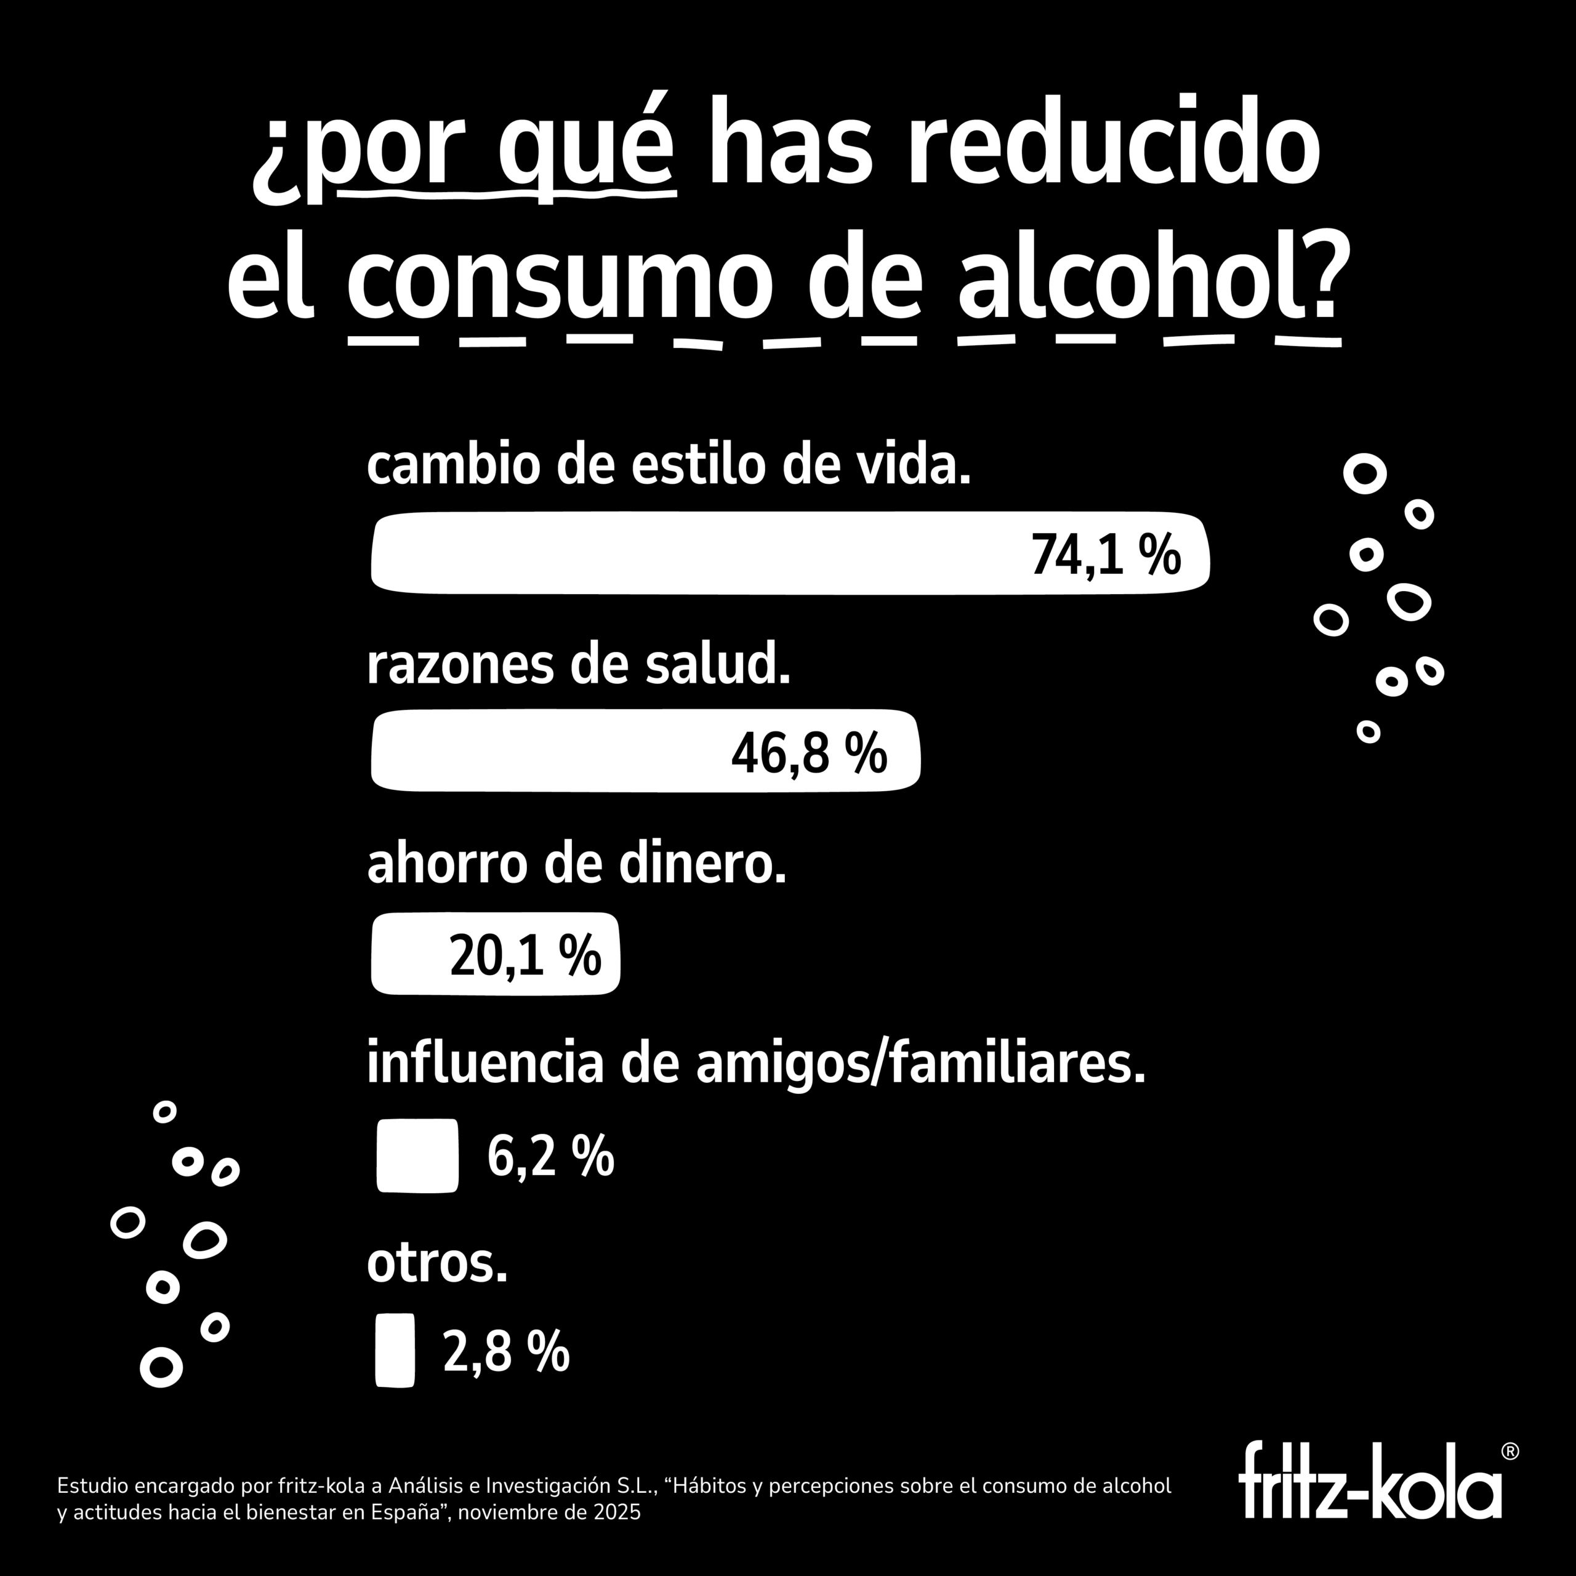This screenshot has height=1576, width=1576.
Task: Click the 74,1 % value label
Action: pos(1105,555)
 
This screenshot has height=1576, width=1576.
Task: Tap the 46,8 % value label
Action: pos(808,753)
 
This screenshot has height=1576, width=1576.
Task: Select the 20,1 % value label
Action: pos(525,955)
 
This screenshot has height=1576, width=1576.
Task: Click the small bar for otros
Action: pos(395,1350)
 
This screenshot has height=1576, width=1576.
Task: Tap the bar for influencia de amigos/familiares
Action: pos(417,1155)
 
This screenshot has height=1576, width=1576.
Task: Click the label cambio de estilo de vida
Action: pos(669,466)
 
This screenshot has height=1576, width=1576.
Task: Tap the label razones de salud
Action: pos(578,665)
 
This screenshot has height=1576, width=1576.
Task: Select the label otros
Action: pos(437,1264)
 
